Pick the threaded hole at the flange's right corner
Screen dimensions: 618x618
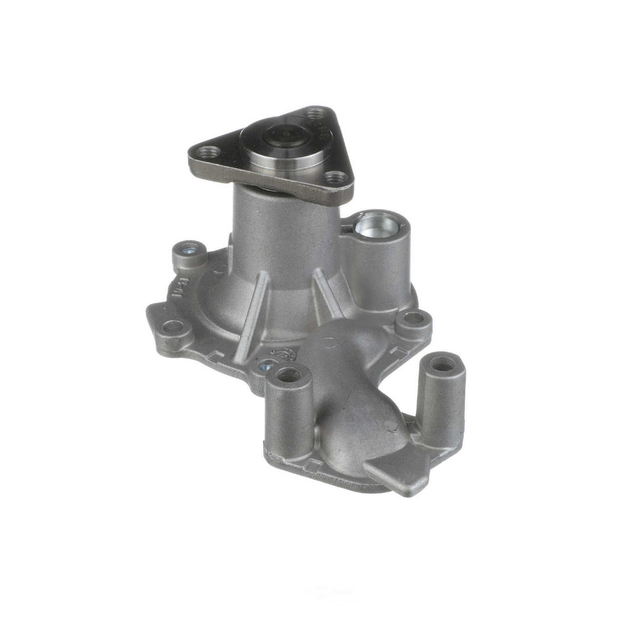tap(337, 177)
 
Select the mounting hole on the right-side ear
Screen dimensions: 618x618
tap(413, 319)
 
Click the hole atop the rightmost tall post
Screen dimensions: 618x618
tap(442, 363)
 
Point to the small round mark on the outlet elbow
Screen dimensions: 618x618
tap(391, 426)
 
